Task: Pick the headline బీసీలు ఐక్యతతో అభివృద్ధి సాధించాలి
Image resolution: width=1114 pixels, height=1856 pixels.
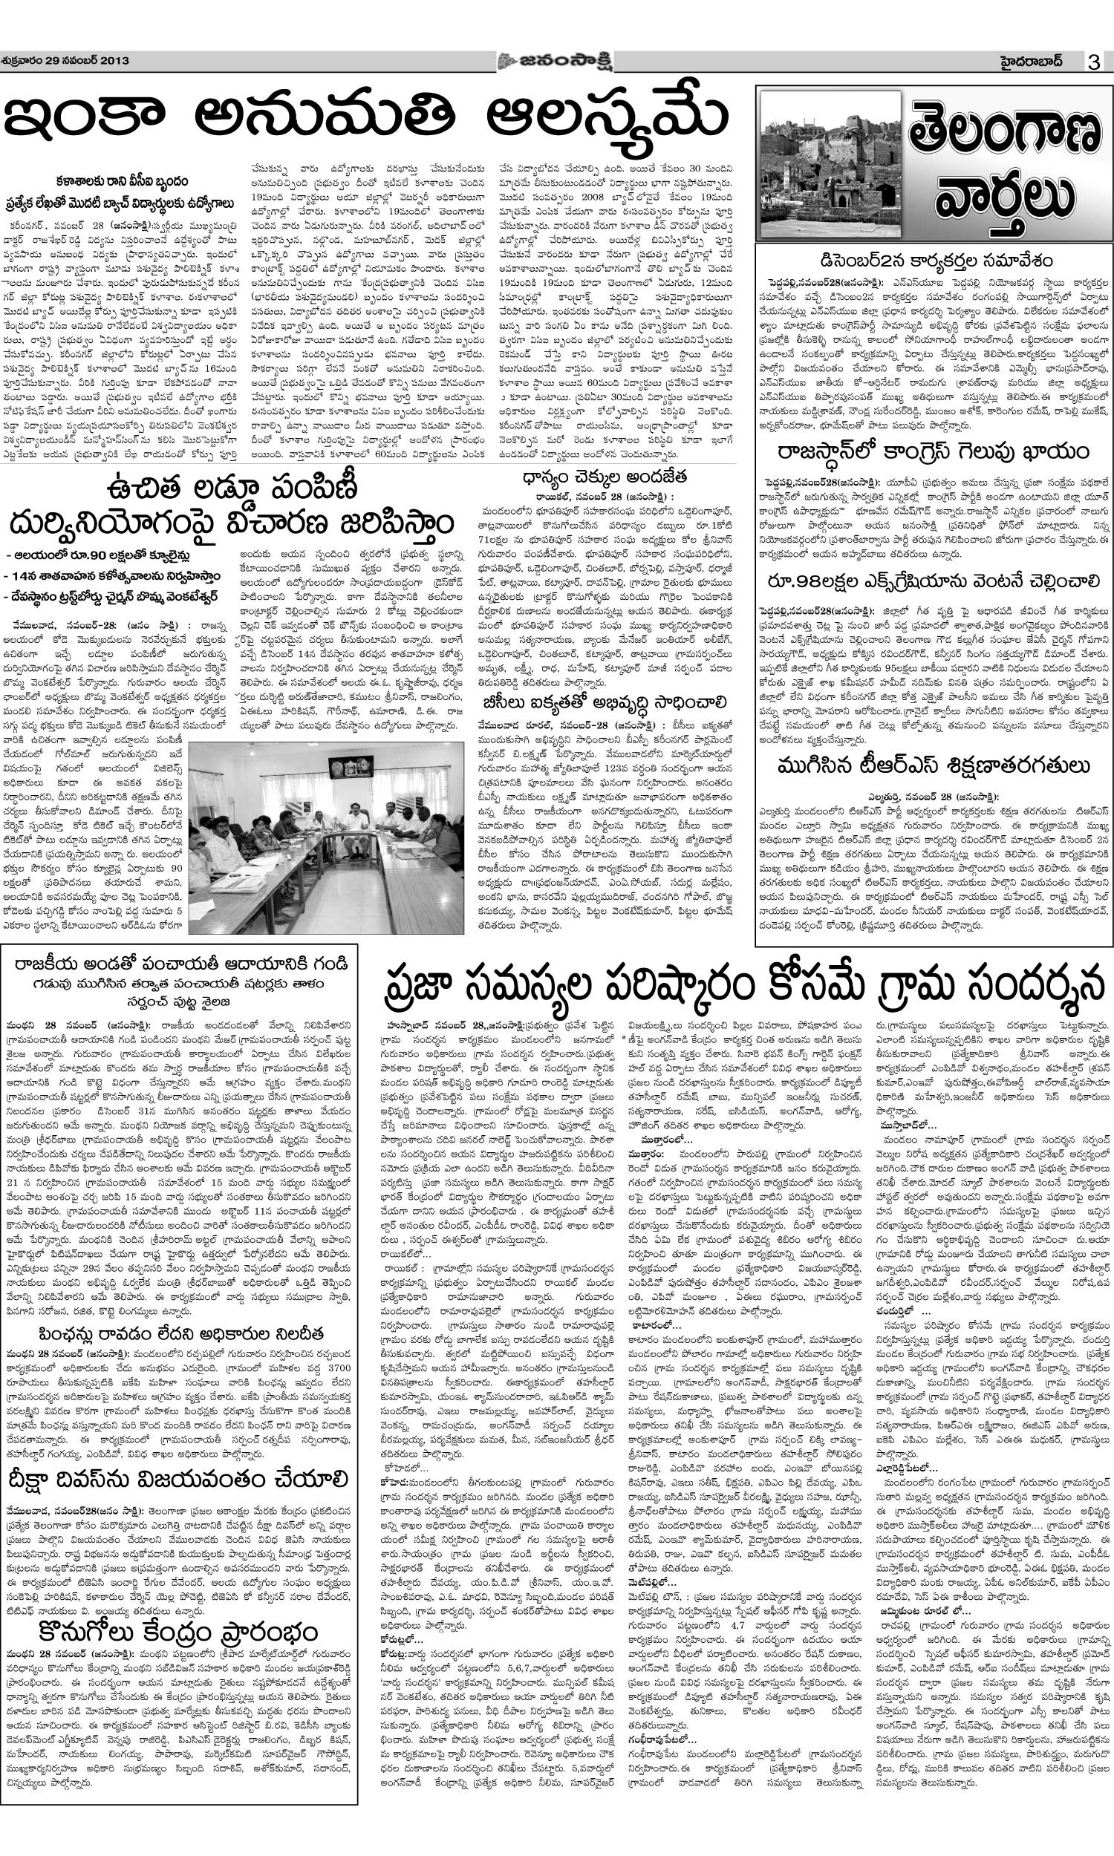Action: tap(605, 702)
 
